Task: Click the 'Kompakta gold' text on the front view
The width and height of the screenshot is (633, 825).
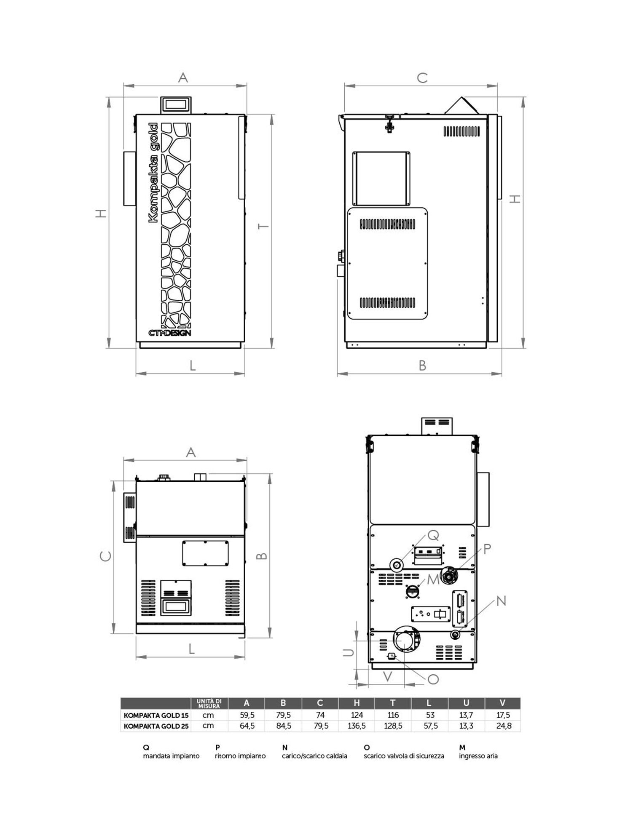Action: pyautogui.click(x=153, y=173)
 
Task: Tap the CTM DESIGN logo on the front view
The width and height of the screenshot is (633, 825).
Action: pyautogui.click(x=169, y=333)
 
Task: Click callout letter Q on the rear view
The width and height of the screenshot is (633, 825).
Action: pyautogui.click(x=433, y=535)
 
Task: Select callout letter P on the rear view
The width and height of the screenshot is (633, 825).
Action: pyautogui.click(x=487, y=549)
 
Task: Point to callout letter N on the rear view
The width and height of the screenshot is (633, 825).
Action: pyautogui.click(x=501, y=601)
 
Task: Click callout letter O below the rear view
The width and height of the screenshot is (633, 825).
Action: pyautogui.click(x=433, y=679)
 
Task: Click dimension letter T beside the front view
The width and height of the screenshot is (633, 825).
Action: pyautogui.click(x=263, y=227)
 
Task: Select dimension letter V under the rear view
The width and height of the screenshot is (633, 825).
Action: pyautogui.click(x=387, y=677)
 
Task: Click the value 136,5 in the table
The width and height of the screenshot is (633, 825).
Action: pyautogui.click(x=357, y=726)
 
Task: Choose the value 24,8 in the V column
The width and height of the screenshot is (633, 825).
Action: pyautogui.click(x=504, y=726)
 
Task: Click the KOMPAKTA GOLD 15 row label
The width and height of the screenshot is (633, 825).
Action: pyautogui.click(x=156, y=715)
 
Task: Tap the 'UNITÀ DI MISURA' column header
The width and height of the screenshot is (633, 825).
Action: pyautogui.click(x=209, y=703)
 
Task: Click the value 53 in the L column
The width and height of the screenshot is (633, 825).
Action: pyautogui.click(x=430, y=715)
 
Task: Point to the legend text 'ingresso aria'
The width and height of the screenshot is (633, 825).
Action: pyautogui.click(x=478, y=756)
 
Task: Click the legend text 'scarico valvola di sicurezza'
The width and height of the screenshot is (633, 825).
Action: pyautogui.click(x=404, y=756)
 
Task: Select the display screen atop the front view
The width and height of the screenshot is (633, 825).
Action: pyautogui.click(x=176, y=104)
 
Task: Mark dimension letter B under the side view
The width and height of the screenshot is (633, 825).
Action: pyautogui.click(x=422, y=366)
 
